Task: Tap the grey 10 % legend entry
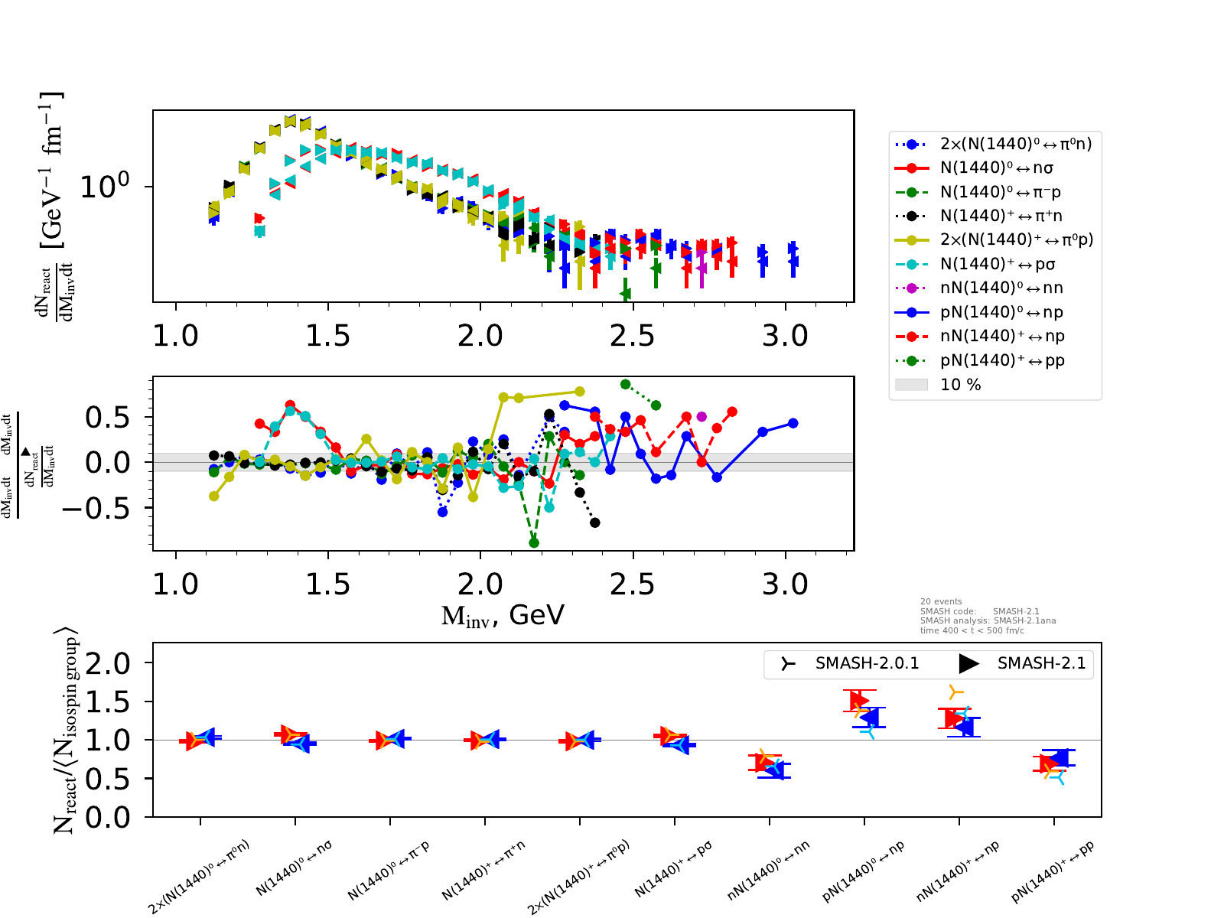960,385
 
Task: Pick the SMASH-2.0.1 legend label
867,663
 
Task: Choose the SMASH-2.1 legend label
1041,663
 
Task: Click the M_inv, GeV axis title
503,615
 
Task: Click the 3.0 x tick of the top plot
785,335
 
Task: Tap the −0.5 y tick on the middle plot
96,508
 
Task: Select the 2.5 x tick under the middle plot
633,584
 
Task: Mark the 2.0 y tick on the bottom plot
108,663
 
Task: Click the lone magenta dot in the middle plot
702,417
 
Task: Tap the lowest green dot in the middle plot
534,543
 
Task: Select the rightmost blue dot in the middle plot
793,423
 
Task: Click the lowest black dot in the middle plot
594,522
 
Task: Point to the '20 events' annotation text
941,601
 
